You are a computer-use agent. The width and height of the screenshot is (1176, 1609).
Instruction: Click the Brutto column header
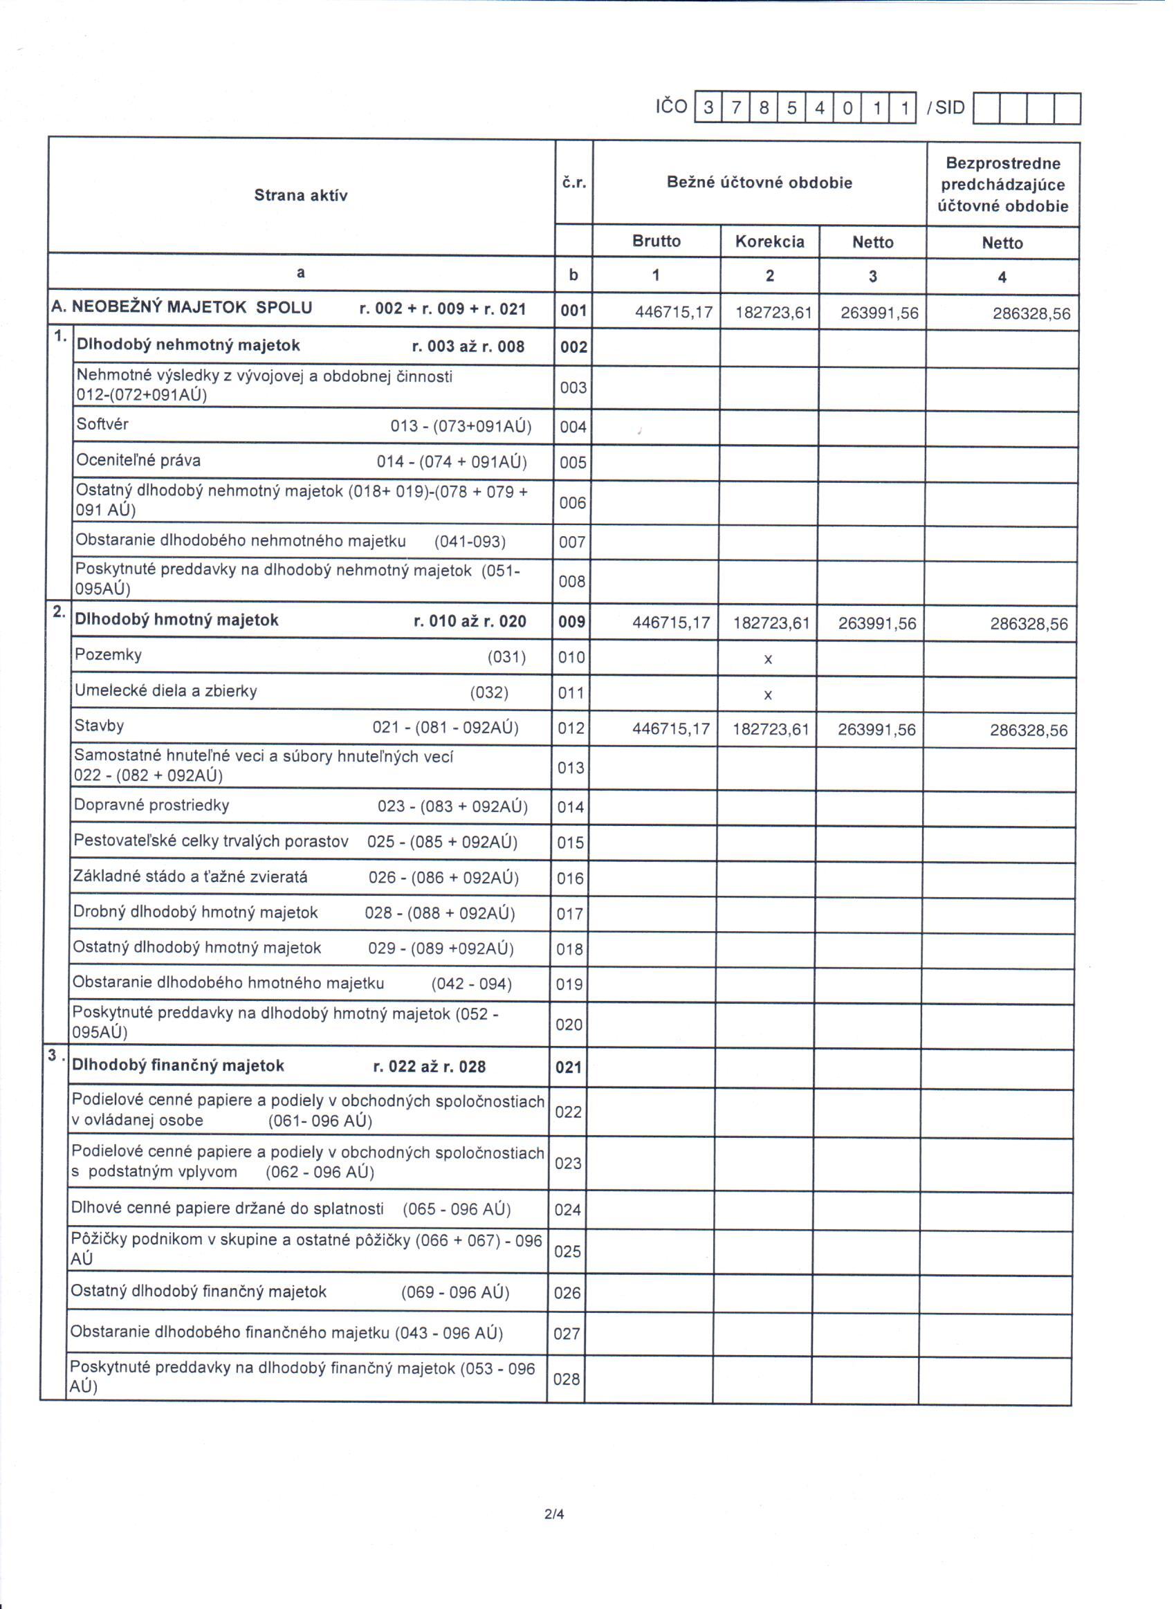coord(656,241)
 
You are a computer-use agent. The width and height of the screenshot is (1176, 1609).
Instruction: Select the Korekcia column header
coord(769,242)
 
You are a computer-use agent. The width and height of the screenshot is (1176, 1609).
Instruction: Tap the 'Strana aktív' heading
coord(300,196)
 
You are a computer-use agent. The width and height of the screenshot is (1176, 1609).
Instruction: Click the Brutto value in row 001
coord(673,313)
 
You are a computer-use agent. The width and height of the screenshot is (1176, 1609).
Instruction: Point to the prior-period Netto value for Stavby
coord(1029,730)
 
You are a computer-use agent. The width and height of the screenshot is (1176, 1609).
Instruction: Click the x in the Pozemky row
coord(767,660)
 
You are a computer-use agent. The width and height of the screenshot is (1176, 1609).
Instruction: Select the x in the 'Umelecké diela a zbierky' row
coord(767,695)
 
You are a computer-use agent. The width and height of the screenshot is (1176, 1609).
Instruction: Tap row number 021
coord(568,1067)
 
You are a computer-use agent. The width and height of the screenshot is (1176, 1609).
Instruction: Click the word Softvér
coord(102,424)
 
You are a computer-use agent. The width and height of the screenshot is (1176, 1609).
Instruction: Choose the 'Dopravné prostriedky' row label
coord(151,806)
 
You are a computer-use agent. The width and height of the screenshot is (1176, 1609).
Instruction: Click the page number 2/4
coord(554,1514)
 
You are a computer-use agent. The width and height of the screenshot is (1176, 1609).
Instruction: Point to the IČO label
coord(671,107)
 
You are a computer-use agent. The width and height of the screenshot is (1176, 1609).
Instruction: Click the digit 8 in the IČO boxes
coord(764,108)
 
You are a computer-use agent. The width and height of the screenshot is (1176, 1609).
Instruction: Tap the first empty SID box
coord(986,109)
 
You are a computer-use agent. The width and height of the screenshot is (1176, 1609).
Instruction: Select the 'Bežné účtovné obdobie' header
coord(759,183)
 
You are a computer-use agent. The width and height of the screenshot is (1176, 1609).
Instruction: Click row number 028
coord(567,1379)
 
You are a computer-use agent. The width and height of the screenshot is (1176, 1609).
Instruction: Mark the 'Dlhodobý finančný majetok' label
coord(178,1066)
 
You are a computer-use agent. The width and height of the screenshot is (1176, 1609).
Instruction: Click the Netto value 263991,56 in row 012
coord(876,730)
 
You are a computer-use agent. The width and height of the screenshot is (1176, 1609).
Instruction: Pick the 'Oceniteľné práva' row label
coord(138,461)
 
